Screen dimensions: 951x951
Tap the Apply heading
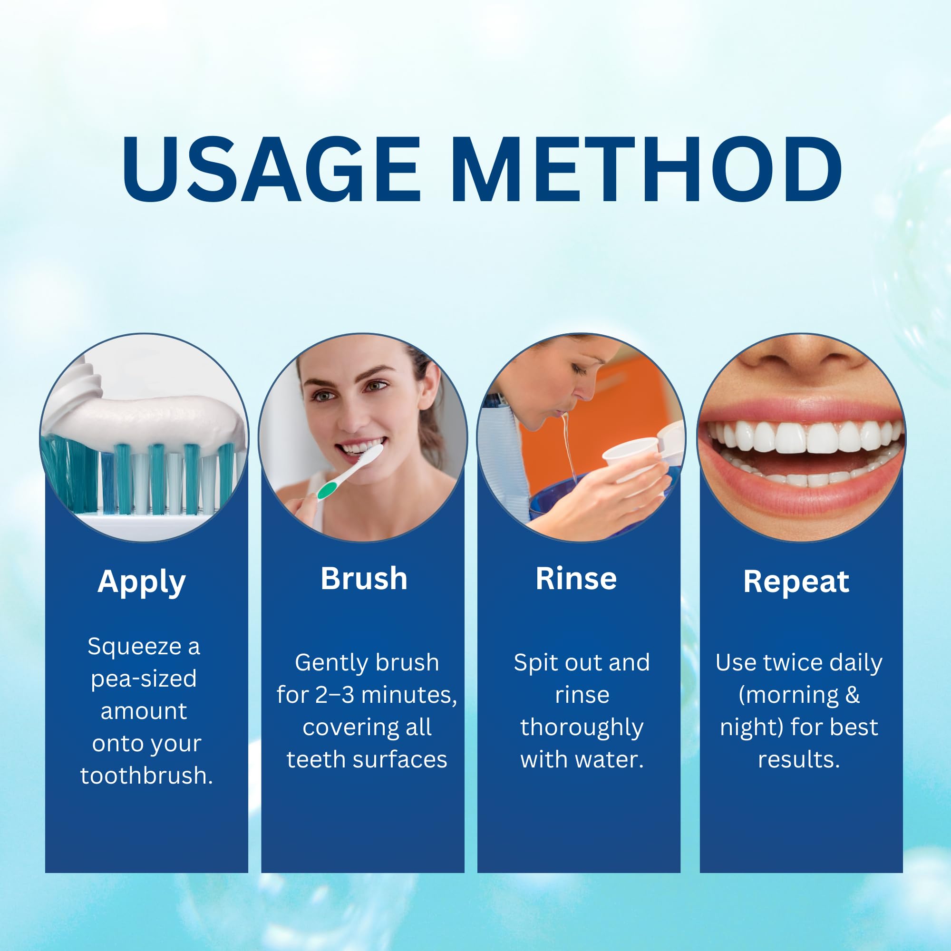(142, 583)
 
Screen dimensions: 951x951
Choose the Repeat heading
(796, 582)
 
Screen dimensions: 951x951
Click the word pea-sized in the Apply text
(144, 679)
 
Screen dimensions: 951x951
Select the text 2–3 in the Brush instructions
(334, 695)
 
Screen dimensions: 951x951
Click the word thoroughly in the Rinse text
(582, 728)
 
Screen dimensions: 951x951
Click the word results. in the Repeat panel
(798, 759)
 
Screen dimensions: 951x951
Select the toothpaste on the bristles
(148, 418)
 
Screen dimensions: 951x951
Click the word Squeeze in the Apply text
(135, 646)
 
